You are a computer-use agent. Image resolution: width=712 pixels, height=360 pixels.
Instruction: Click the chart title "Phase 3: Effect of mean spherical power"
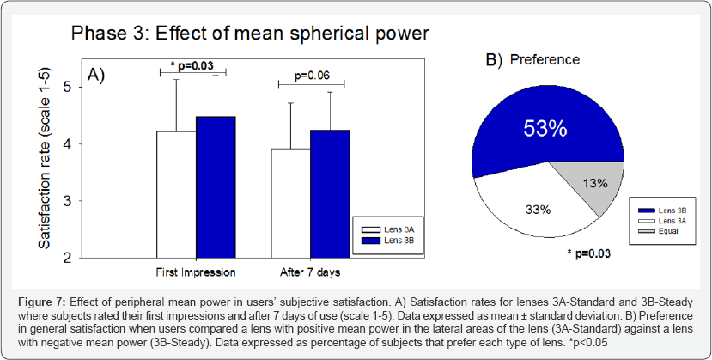[249, 34]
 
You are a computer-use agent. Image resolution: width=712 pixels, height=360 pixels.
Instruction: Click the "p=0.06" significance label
[310, 75]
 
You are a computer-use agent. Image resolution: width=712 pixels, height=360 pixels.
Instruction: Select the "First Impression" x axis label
[196, 272]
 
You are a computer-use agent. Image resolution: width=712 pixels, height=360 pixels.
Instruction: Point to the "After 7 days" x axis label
[310, 272]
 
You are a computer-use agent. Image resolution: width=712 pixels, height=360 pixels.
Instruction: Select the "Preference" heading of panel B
[545, 59]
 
